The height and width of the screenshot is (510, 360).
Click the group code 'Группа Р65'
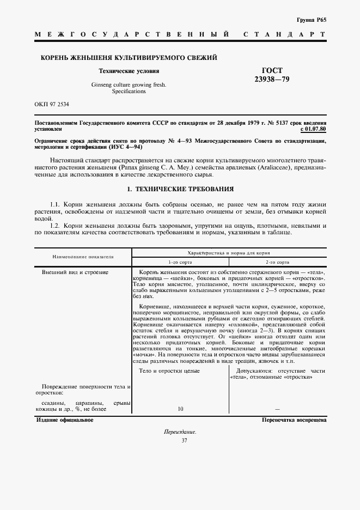point(313,19)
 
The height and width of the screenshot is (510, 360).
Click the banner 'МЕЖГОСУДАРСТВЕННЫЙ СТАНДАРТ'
point(180,35)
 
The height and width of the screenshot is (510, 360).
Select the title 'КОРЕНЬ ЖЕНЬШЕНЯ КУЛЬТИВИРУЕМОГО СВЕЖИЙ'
point(126,58)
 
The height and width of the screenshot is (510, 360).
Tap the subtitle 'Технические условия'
point(129,71)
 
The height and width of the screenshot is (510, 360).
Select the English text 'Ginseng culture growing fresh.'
point(129,85)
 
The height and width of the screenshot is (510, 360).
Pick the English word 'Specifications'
point(129,92)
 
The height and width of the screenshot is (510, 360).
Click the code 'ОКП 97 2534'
point(52,104)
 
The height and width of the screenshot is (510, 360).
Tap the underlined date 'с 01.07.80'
point(313,130)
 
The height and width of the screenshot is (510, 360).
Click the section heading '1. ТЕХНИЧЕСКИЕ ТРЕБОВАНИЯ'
point(180,189)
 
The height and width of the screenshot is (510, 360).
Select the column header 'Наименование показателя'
point(83,256)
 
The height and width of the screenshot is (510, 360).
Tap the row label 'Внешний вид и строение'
point(75,271)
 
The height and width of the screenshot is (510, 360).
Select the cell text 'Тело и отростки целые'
point(169,371)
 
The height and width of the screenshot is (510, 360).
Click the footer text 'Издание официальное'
point(64,420)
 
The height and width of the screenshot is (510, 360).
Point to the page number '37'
point(180,440)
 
